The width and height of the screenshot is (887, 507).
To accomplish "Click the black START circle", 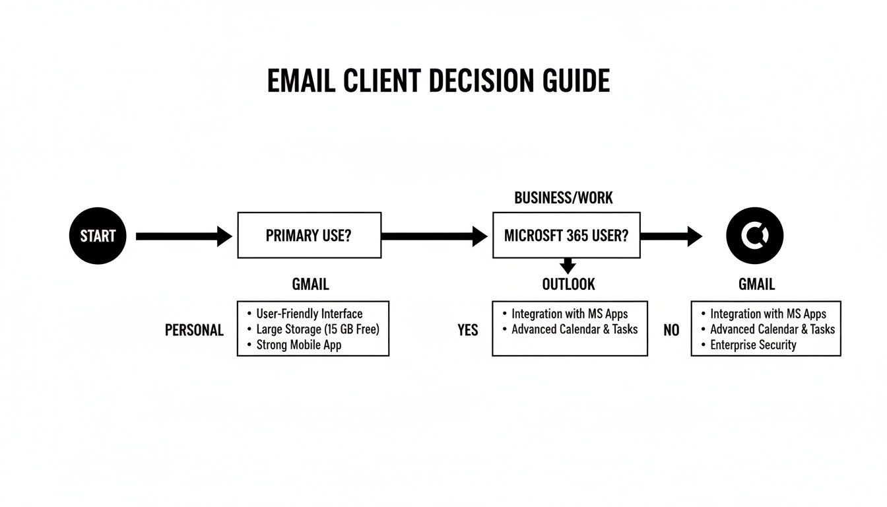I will pyautogui.click(x=97, y=236).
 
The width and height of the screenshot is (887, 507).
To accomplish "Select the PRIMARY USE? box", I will pyautogui.click(x=309, y=235).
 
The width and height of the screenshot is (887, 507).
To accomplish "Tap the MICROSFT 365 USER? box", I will pyautogui.click(x=566, y=235).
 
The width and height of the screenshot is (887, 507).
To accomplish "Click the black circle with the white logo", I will pyautogui.click(x=754, y=235).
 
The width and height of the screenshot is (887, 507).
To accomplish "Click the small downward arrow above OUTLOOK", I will pyautogui.click(x=567, y=266).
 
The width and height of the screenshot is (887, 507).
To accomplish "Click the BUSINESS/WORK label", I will pyautogui.click(x=563, y=197).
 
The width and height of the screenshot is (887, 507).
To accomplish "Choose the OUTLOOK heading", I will pyautogui.click(x=568, y=285).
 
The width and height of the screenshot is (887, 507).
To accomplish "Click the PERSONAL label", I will pyautogui.click(x=194, y=330).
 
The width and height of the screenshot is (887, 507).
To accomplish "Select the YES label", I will pyautogui.click(x=467, y=330).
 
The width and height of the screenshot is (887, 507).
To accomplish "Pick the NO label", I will pyautogui.click(x=671, y=330).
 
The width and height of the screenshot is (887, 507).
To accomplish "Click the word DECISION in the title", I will pyautogui.click(x=480, y=81).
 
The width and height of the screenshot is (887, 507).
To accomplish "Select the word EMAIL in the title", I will pyautogui.click(x=301, y=81).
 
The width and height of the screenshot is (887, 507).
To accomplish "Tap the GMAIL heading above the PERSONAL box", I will pyautogui.click(x=310, y=285).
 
